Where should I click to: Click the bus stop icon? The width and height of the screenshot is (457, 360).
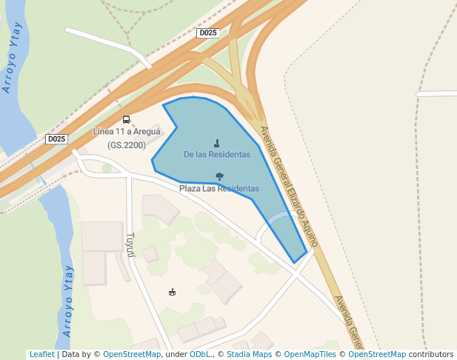coord(126,119)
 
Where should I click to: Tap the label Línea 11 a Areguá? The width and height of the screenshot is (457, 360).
coord(127,132)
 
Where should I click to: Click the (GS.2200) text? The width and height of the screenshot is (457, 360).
coord(127,145)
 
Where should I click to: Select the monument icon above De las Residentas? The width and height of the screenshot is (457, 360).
coord(216,143)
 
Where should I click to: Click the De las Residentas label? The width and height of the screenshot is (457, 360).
coord(216,155)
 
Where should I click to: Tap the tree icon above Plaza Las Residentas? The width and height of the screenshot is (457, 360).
coord(219,176)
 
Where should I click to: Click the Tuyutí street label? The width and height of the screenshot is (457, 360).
coord(130,244)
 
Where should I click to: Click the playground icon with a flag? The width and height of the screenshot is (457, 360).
coord(172,291)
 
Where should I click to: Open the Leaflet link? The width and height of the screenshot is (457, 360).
coord(41,355)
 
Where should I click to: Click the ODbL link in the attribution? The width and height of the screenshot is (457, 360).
coord(199,355)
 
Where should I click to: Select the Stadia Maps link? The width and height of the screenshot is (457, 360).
coord(248,355)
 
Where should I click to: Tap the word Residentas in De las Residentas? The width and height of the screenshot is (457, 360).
coord(230,155)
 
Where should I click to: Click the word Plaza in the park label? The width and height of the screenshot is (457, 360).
coord(190,189)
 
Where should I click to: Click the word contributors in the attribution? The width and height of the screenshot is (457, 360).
coord(431,355)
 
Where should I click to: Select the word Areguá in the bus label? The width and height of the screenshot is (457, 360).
coord(147,132)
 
